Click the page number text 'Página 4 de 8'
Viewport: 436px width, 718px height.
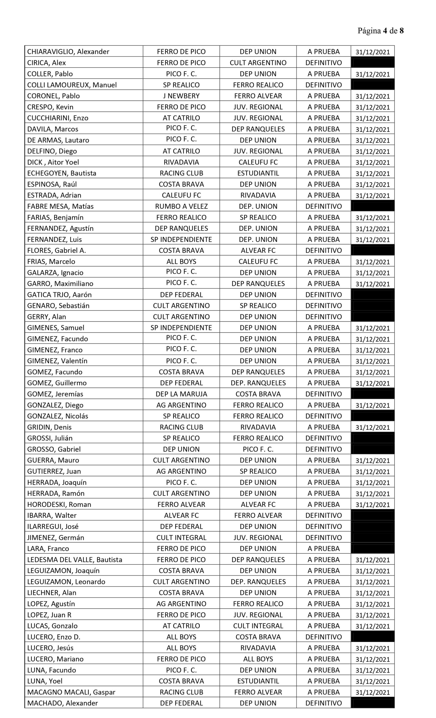point(380,31)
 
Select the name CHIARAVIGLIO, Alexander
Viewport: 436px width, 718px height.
point(68,52)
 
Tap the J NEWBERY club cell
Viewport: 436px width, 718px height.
point(181,96)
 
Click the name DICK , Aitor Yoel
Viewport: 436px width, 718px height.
point(53,162)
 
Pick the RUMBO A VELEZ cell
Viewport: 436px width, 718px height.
point(181,206)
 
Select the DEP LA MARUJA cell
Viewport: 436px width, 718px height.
point(181,394)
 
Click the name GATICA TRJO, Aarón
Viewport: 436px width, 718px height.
point(59,294)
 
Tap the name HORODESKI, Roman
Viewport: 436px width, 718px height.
point(59,504)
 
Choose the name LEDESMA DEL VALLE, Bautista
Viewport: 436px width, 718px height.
point(75,560)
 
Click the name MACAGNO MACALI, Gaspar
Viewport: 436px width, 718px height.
point(71,692)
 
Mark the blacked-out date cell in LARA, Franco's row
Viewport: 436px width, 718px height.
point(373,548)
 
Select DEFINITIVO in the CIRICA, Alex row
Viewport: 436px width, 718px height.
point(323,63)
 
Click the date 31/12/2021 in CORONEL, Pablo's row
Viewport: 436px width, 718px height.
point(373,96)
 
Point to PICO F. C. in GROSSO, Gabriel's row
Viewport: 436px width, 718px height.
point(258,449)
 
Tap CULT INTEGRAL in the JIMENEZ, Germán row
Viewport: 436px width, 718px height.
point(181,538)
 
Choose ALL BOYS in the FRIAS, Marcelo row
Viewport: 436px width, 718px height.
point(181,261)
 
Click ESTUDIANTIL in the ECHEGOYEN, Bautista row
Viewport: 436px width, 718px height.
point(258,173)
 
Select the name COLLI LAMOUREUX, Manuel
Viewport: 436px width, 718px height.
point(72,85)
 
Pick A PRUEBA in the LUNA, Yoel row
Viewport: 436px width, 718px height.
point(323,681)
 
